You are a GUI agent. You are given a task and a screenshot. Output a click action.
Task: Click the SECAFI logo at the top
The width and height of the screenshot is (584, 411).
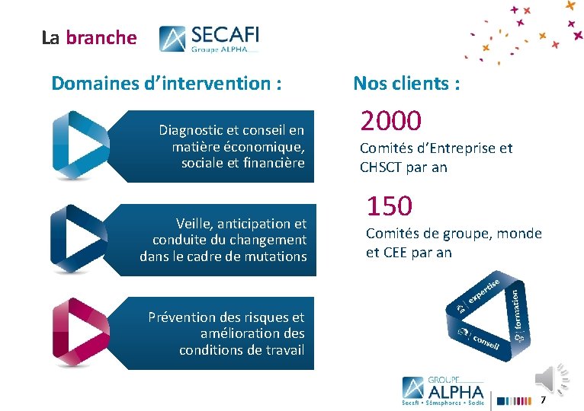point(209,39)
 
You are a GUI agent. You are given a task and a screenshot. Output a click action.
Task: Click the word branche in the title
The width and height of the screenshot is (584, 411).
point(101,37)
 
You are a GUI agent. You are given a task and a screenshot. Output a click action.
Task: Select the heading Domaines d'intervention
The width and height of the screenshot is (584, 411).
point(166,83)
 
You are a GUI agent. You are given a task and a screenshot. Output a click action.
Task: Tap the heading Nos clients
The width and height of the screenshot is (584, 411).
point(406,83)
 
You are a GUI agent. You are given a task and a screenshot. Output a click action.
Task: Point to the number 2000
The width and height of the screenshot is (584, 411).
point(391,120)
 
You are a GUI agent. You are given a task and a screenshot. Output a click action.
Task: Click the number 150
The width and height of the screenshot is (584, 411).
point(390,205)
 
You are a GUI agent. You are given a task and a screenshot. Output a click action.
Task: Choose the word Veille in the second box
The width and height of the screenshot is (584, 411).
point(195,224)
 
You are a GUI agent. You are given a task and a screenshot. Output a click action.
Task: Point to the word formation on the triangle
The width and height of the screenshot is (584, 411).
point(516,310)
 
